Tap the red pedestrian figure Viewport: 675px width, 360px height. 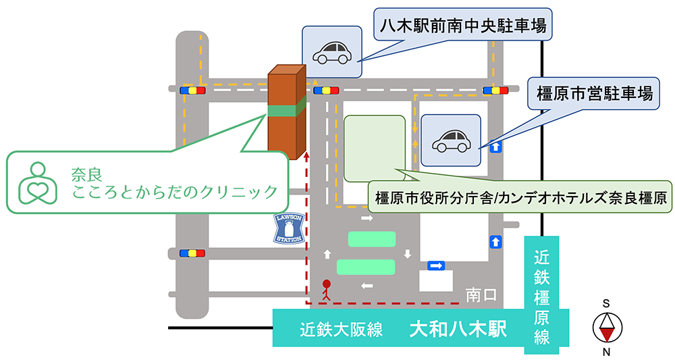327,289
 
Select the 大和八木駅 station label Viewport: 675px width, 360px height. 458,330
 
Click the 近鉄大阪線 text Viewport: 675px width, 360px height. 342,330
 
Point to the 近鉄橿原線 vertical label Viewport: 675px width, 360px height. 541,297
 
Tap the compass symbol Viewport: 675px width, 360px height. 606,328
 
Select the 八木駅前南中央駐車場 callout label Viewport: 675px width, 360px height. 463,28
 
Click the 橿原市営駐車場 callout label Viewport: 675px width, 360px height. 594,93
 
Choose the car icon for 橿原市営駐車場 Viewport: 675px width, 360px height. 450,140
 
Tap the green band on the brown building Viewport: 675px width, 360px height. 287,109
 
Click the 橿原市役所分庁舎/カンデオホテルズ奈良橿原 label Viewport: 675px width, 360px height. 520,199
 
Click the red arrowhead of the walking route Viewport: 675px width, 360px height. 308,156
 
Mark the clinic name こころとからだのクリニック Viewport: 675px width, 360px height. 175,192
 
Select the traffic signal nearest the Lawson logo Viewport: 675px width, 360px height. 192,253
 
